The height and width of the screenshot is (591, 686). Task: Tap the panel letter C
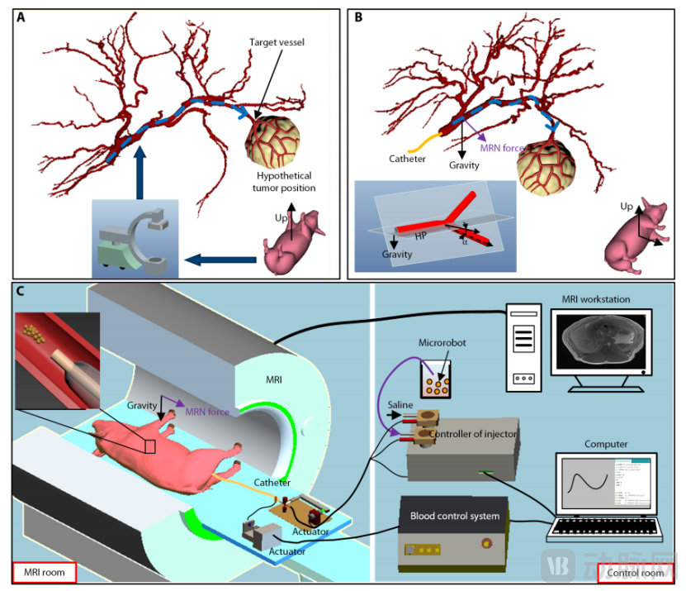[21, 292]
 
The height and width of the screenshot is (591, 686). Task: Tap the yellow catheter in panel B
[416, 141]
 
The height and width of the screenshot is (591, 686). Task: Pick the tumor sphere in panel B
[545, 170]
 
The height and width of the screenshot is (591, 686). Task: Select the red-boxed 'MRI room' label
[45, 572]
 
